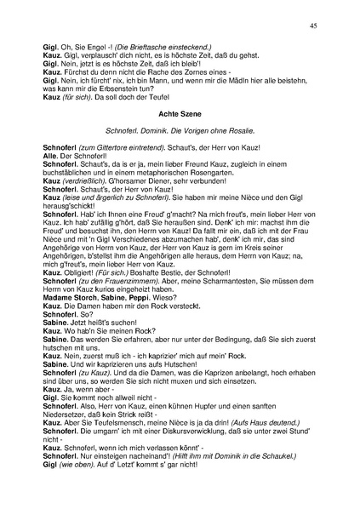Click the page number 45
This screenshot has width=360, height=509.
pos(313,26)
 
